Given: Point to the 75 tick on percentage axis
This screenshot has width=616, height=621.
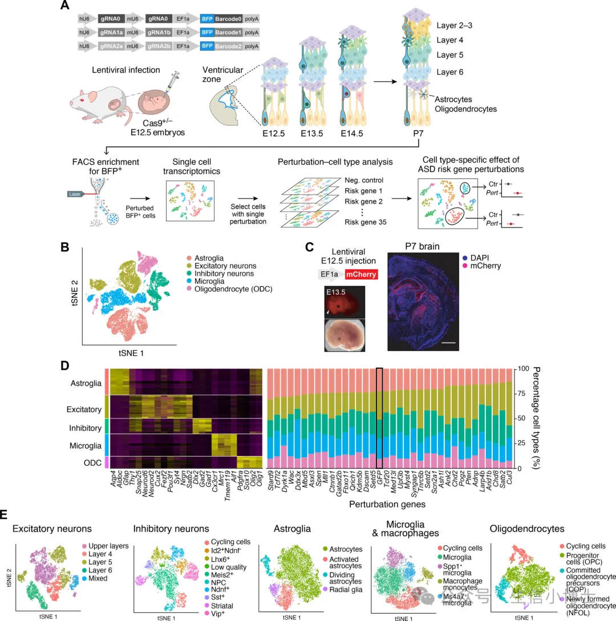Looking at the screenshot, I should point(521,393).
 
